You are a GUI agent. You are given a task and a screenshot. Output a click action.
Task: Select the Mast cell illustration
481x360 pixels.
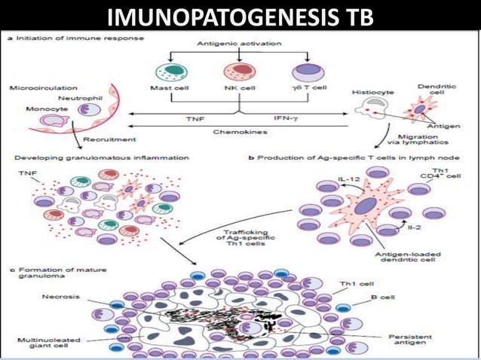[x=171, y=73]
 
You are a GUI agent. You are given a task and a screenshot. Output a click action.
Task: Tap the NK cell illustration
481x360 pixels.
[x=238, y=73]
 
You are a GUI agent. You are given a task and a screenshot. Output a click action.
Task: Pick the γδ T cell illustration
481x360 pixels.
[x=307, y=73]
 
